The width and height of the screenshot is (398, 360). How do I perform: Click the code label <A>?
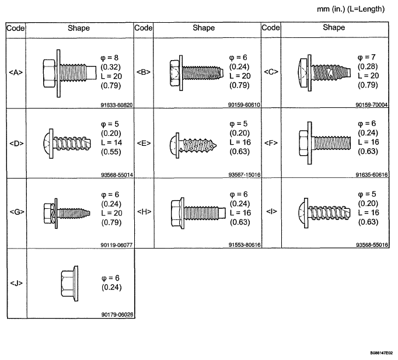coord(16,72)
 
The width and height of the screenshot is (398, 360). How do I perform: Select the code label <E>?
coord(144,144)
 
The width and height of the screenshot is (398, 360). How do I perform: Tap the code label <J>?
coord(16,283)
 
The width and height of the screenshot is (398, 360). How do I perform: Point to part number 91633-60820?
coord(117,105)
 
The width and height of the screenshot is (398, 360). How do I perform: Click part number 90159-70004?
coord(372,104)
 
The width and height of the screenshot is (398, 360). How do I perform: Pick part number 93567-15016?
coord(245,174)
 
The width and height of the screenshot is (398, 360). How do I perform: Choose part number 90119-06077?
coord(117,245)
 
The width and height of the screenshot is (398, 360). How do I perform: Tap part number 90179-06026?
coord(117,314)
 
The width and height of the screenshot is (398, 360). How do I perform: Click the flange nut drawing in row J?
coord(69,284)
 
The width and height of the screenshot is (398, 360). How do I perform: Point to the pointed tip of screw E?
coord(216,146)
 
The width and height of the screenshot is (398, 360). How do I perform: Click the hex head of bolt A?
coord(49,74)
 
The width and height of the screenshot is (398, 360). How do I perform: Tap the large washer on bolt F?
coord(309,143)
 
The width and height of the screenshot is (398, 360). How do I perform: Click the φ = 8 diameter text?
coord(109,58)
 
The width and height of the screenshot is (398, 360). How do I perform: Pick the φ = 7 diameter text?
coord(366,57)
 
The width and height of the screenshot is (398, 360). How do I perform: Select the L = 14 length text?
coord(111,142)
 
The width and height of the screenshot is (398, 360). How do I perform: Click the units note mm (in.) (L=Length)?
coord(351,9)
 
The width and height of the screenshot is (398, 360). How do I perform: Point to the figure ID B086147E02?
coord(381,352)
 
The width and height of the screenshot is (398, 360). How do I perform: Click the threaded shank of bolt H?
coord(205,213)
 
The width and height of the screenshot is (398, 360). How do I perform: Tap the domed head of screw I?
coord(301,213)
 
